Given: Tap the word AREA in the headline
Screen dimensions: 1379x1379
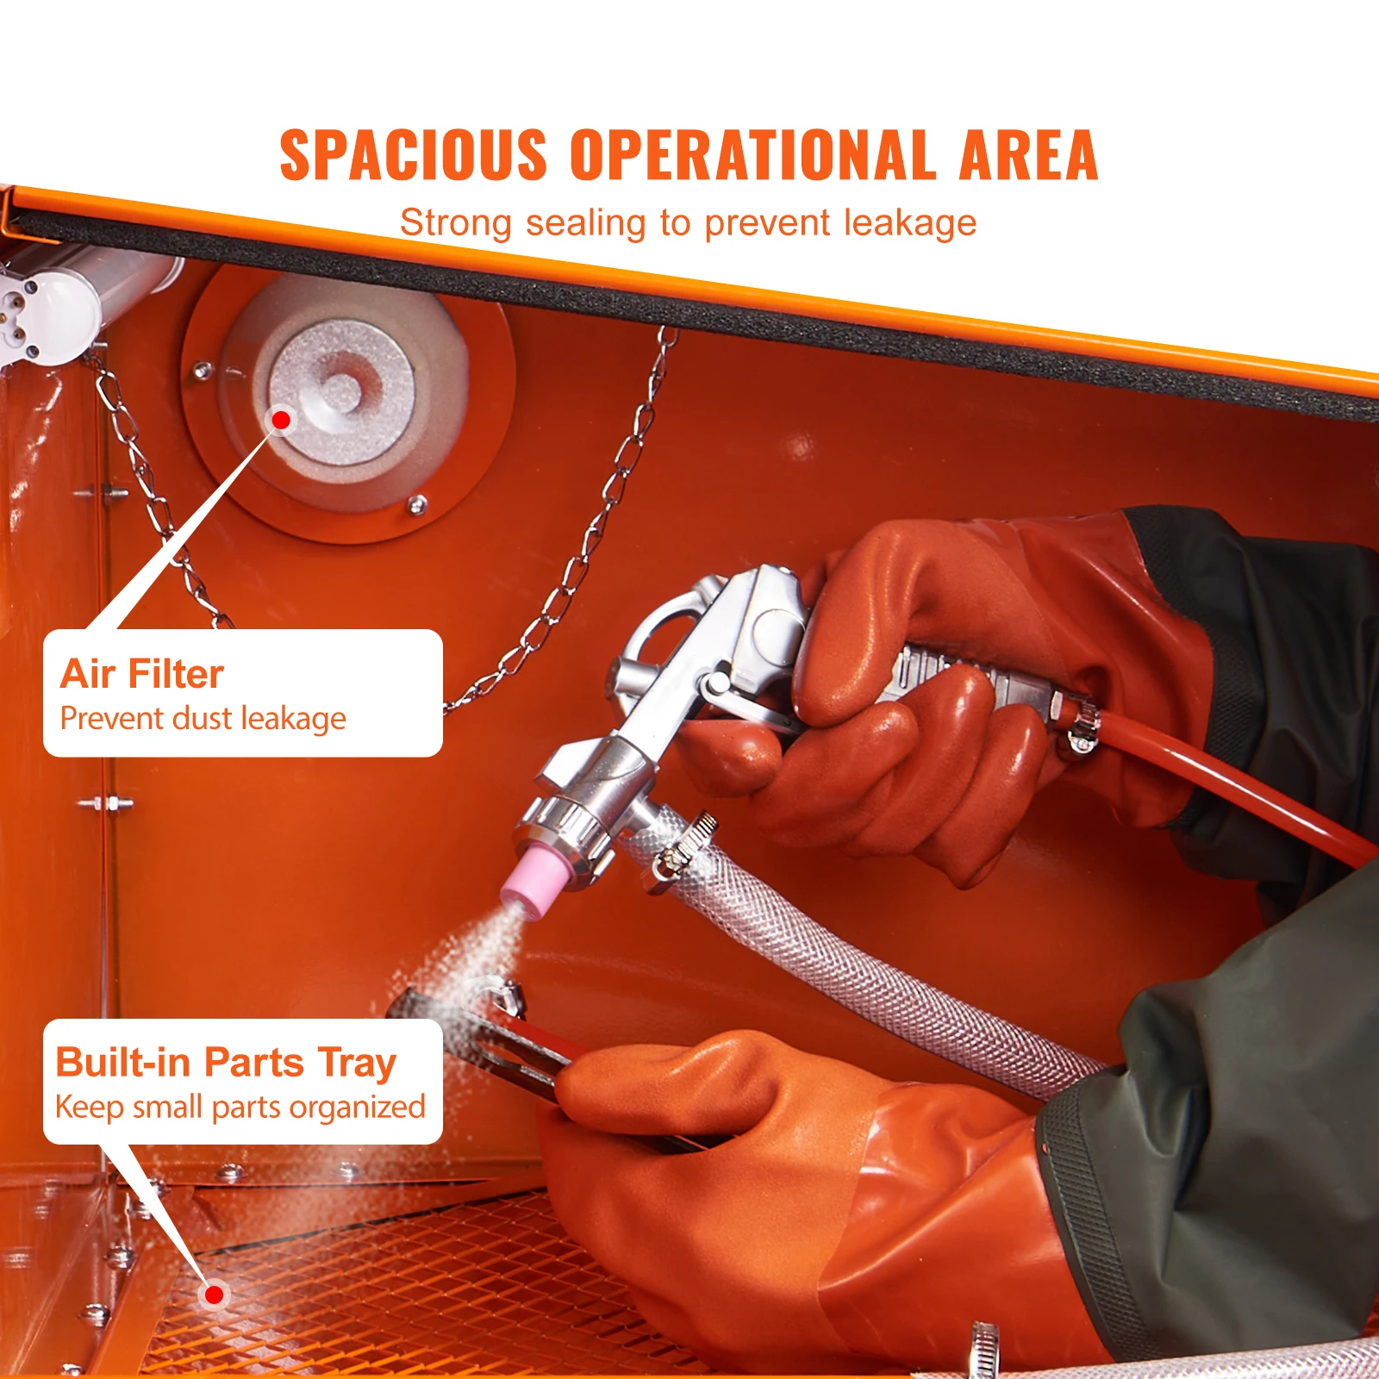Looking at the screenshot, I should click(1027, 155).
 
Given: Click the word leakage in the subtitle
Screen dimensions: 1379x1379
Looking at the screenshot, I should click(910, 223).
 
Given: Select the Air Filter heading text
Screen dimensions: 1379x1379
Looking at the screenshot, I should click(142, 674).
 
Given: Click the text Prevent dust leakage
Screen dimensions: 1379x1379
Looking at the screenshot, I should click(203, 719).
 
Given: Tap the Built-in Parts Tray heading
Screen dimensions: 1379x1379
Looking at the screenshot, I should click(226, 1063).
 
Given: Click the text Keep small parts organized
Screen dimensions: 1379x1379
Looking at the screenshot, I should click(240, 1108).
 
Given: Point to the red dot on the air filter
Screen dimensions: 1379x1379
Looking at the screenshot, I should click(281, 420).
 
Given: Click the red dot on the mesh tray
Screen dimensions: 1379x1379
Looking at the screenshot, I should click(215, 1294).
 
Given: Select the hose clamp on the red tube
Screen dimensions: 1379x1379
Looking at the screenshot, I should click(1080, 727).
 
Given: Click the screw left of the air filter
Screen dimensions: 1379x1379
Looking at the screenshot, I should click(203, 371).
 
